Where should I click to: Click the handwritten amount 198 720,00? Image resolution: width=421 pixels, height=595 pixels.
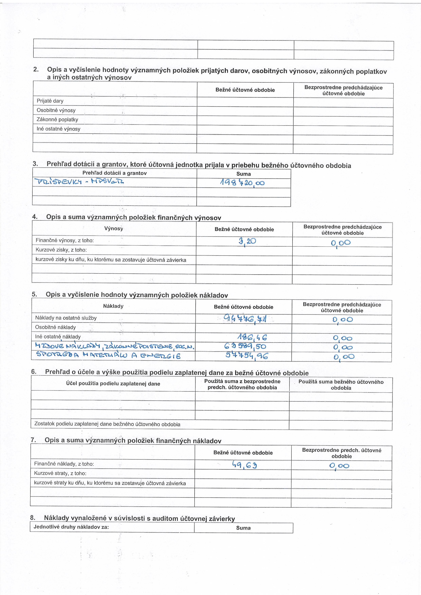pyautogui.click(x=242, y=183)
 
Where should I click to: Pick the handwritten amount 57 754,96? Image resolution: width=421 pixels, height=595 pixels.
pyautogui.click(x=246, y=356)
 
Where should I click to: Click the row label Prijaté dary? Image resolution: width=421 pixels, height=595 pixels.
pyautogui.click(x=50, y=101)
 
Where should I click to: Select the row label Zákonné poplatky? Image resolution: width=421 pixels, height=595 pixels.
pyautogui.click(x=57, y=119)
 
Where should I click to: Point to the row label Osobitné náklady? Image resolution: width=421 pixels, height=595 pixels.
pyautogui.click(x=56, y=327)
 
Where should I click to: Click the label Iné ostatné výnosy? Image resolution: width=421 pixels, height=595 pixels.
pyautogui.click(x=58, y=129)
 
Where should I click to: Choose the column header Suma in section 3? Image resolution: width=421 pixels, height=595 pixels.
pyautogui.click(x=243, y=174)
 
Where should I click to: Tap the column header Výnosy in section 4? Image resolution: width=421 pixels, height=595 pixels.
pyautogui.click(x=114, y=228)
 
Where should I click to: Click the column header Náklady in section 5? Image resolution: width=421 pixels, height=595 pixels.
pyautogui.click(x=113, y=306)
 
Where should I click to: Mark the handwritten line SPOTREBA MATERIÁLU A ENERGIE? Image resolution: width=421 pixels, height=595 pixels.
pyautogui.click(x=108, y=356)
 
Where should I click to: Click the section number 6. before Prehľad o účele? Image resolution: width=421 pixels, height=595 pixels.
pyautogui.click(x=34, y=372)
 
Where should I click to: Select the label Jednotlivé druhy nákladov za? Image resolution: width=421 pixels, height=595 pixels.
pyautogui.click(x=71, y=527)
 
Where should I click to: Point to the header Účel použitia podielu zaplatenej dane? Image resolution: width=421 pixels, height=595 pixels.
pyautogui.click(x=113, y=384)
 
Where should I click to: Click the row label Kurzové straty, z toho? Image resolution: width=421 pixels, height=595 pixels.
pyautogui.click(x=60, y=473)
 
